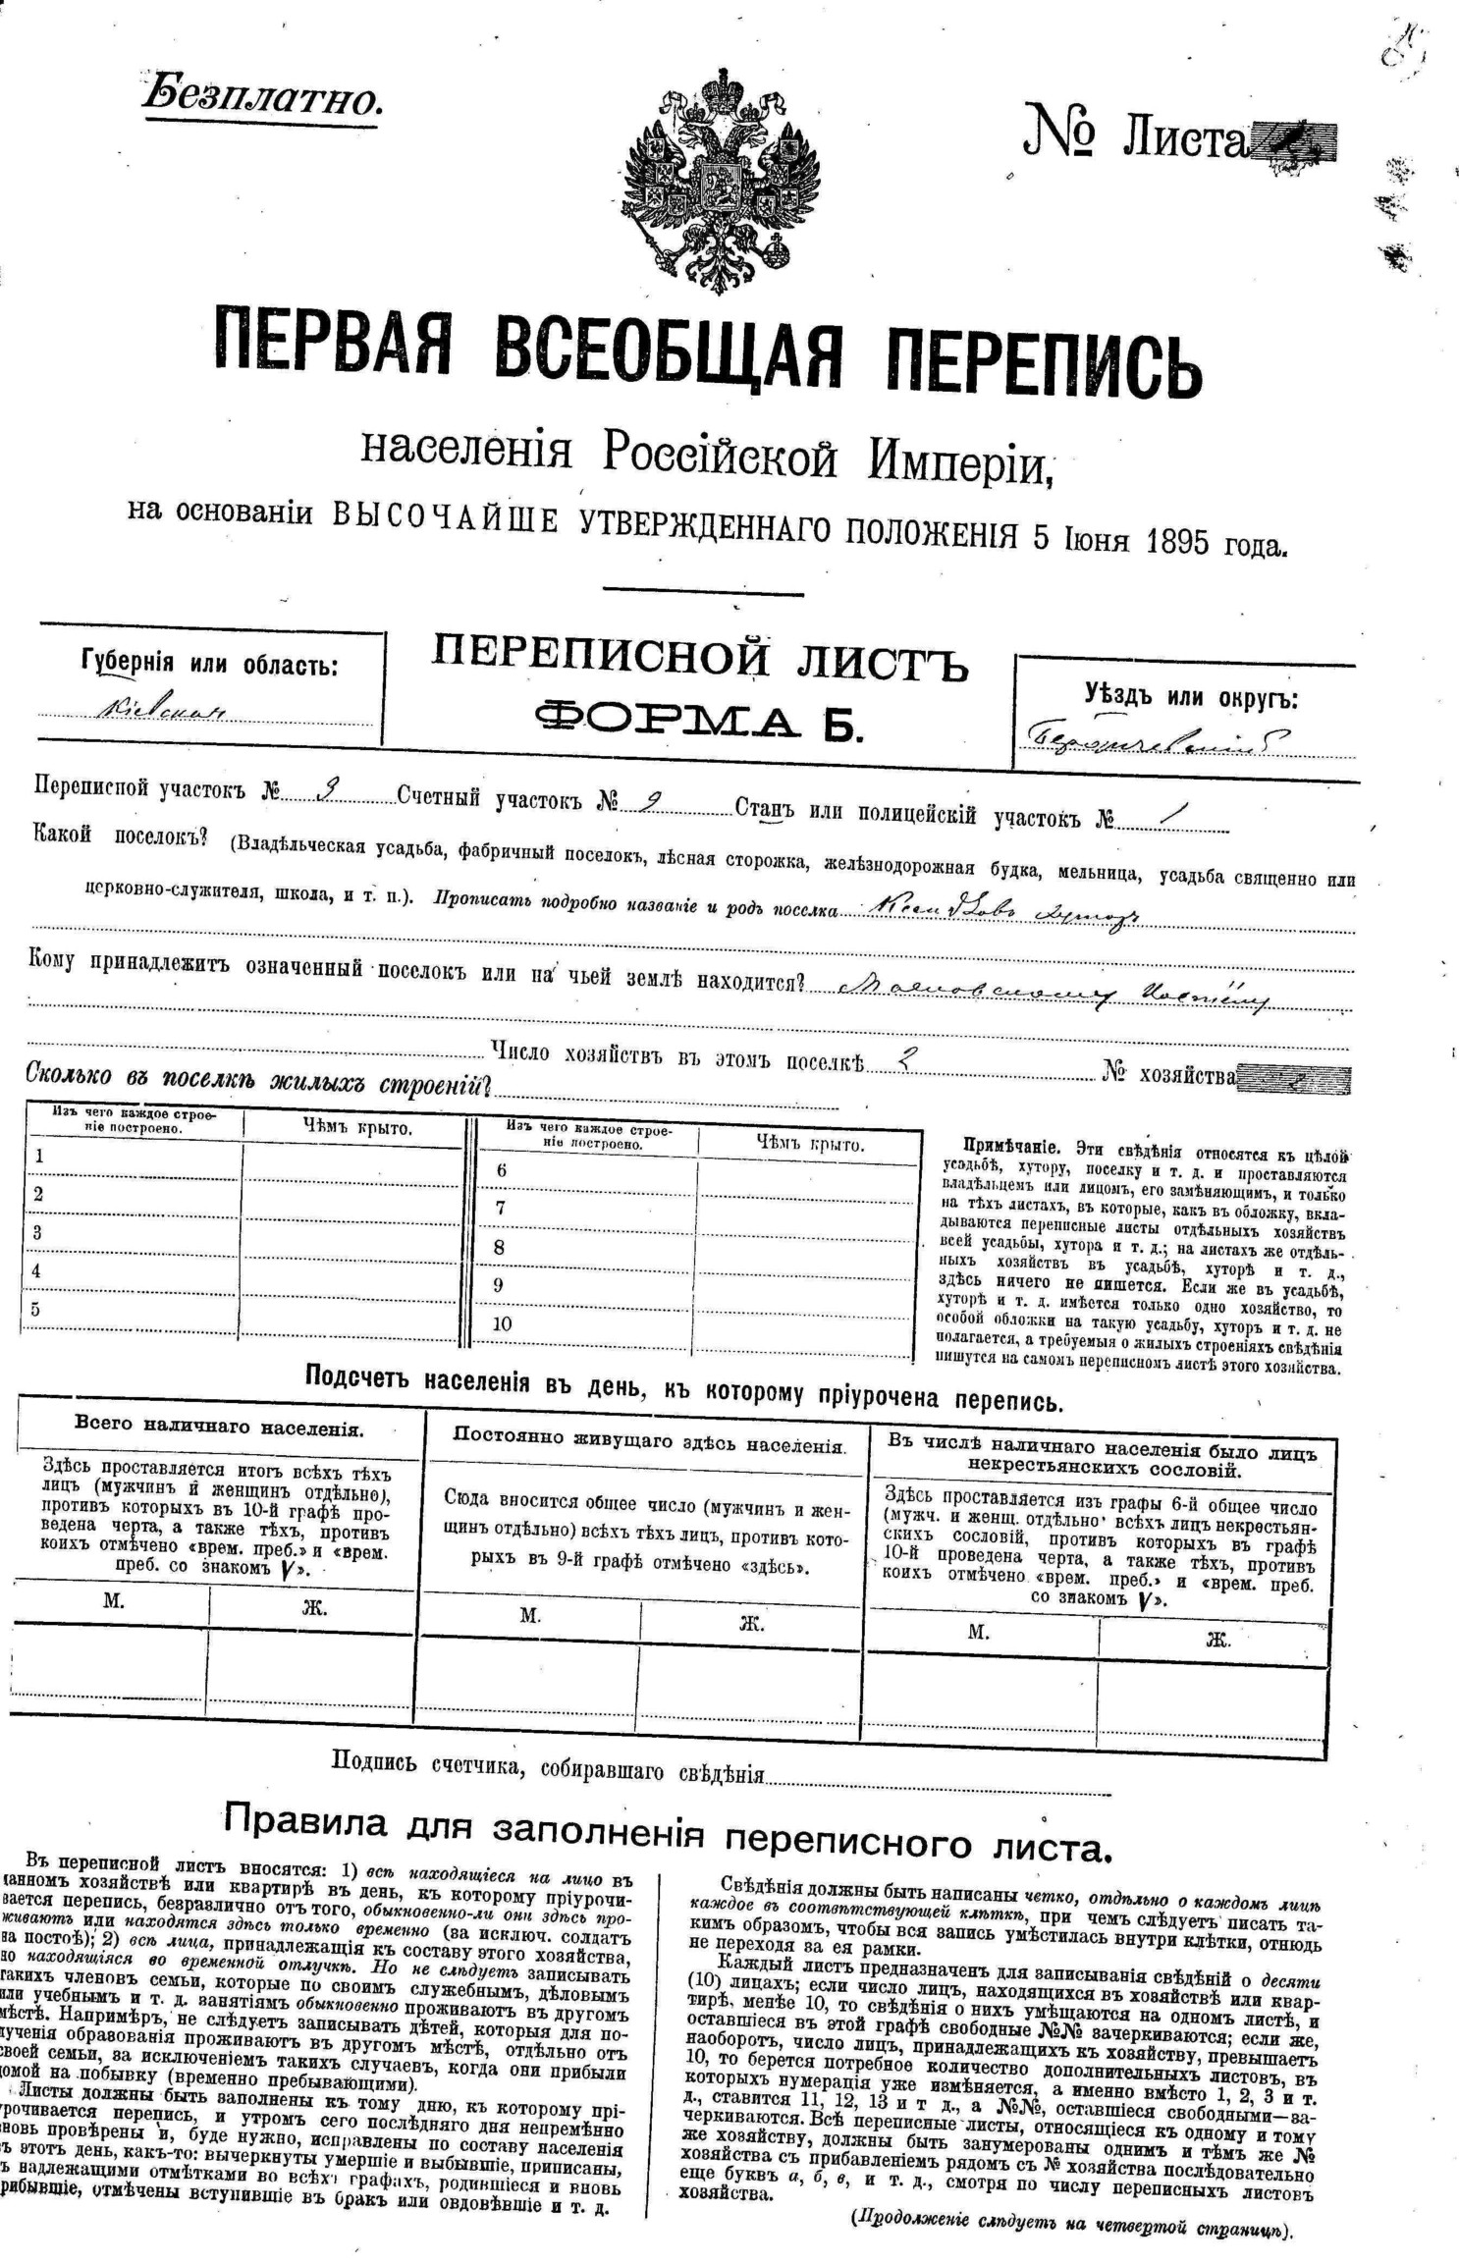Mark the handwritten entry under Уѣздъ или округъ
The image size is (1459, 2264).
[x=1159, y=739]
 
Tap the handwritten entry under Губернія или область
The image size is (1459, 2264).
[x=162, y=711]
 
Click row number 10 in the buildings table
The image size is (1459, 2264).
[x=502, y=1323]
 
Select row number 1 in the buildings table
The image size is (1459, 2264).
[x=38, y=1156]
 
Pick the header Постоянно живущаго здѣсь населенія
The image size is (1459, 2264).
[x=648, y=1445]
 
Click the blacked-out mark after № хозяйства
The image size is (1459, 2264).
[x=1294, y=1080]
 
